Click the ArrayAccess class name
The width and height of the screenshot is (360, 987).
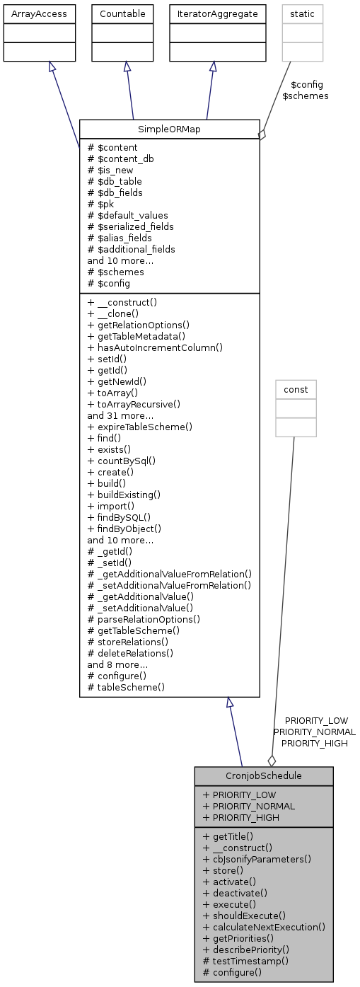[40, 13]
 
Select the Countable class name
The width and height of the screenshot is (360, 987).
[123, 13]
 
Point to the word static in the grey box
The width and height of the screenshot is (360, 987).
[302, 13]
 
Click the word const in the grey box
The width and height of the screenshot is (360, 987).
[296, 388]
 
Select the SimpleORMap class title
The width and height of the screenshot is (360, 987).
[170, 129]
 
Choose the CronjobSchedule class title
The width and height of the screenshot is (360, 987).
[263, 775]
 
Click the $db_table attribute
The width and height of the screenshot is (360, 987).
[115, 181]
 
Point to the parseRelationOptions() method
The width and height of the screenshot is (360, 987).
[144, 619]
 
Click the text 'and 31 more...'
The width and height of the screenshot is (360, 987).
[117, 415]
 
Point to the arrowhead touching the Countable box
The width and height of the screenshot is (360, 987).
[126, 66]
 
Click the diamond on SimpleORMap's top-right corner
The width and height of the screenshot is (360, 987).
[262, 134]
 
